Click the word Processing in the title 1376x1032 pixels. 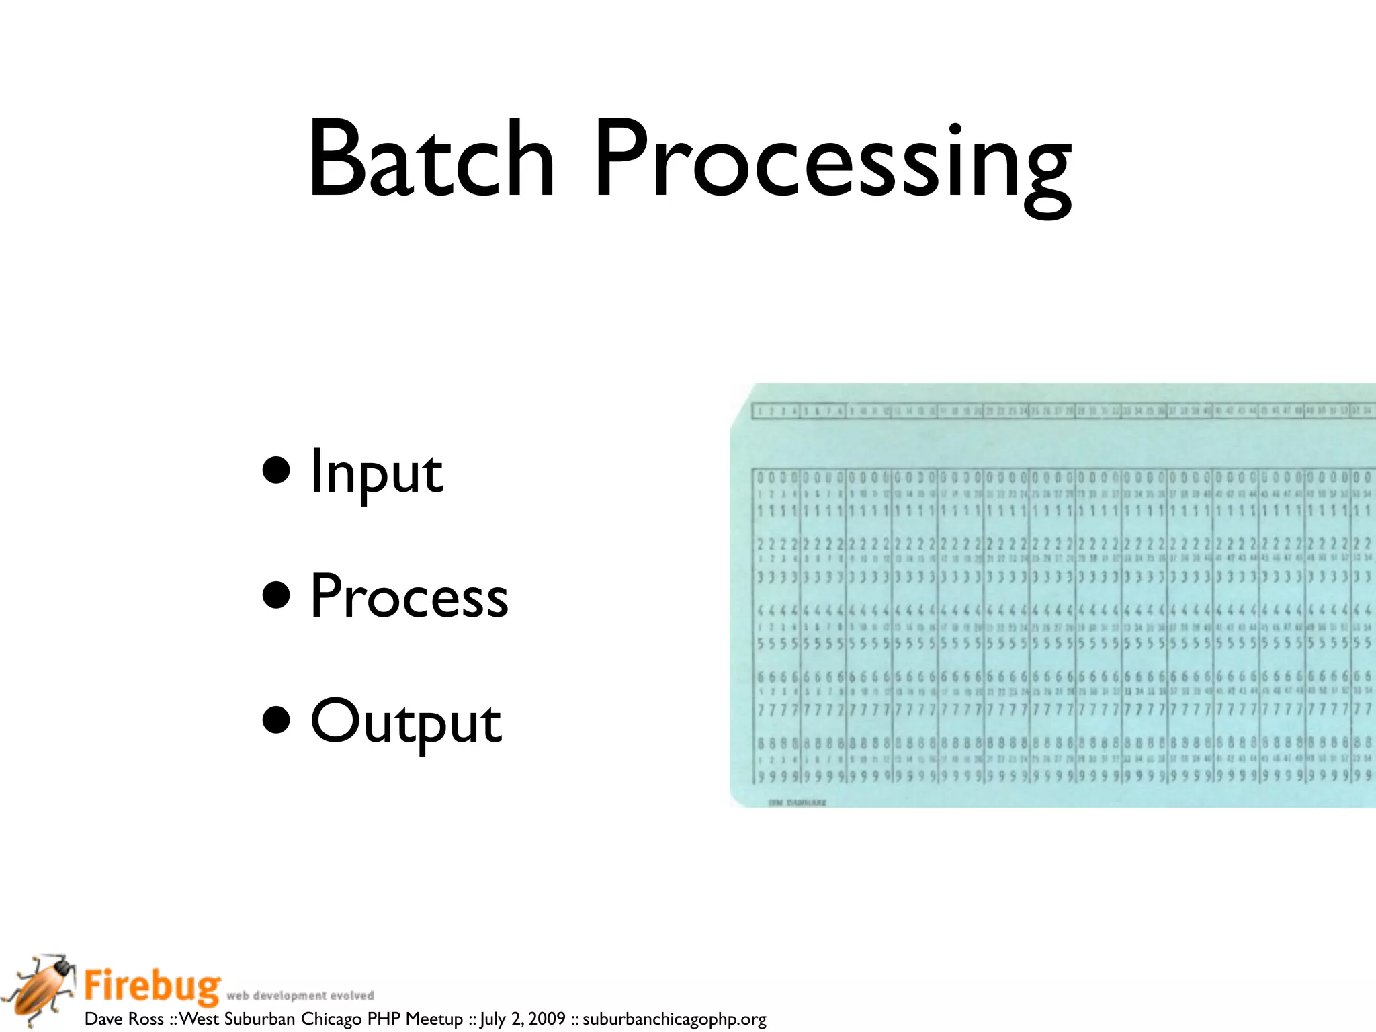tap(832, 165)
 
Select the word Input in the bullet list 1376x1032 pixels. tap(376, 472)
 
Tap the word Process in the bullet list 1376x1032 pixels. tap(408, 597)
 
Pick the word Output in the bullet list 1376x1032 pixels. tap(406, 722)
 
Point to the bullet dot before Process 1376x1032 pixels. tap(276, 595)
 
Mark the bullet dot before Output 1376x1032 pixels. tap(276, 720)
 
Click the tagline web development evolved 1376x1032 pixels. tap(300, 996)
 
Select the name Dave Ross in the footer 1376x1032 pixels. tap(124, 1019)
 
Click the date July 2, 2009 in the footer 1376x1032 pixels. tap(522, 1019)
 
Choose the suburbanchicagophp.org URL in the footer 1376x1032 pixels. tap(674, 1019)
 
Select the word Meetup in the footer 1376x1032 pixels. tap(434, 1019)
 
